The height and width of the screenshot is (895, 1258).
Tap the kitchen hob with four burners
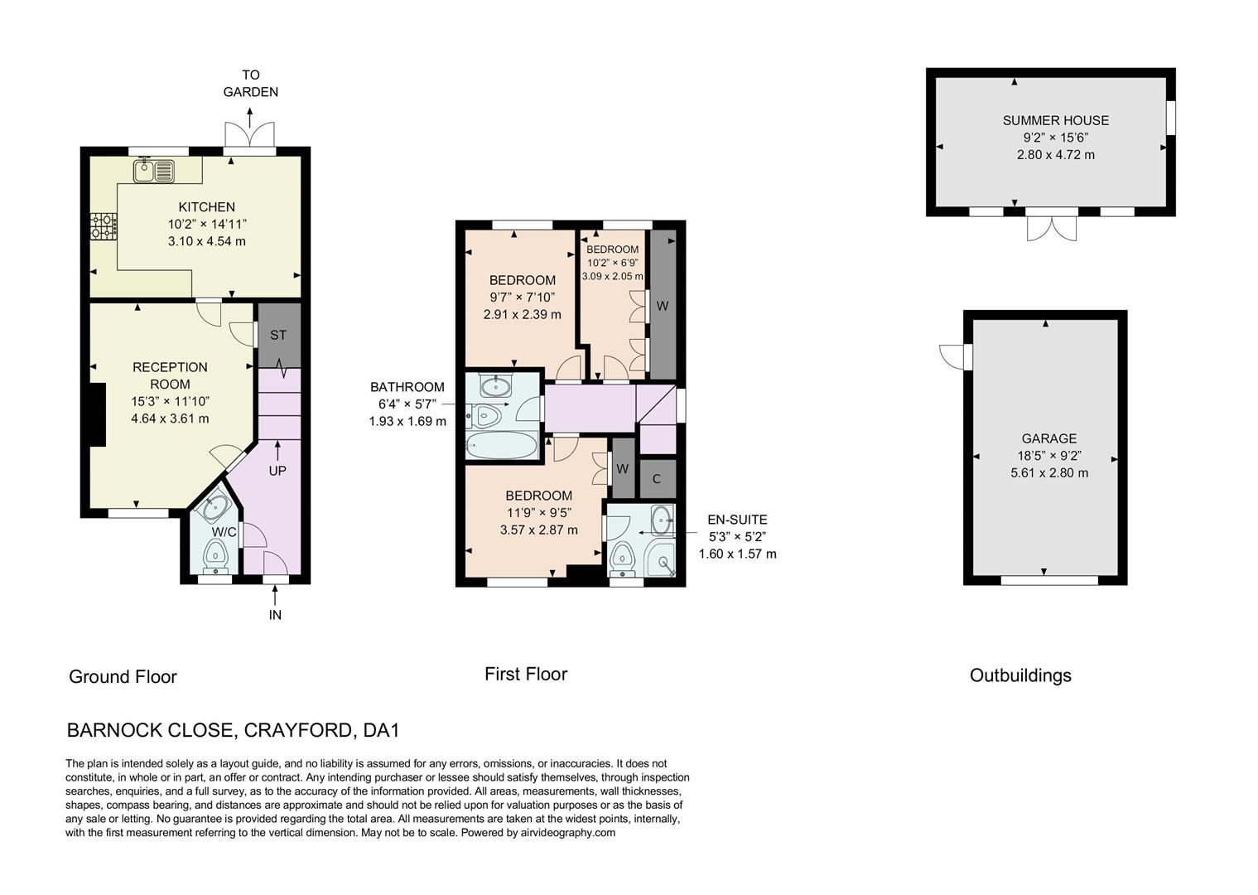pos(104,226)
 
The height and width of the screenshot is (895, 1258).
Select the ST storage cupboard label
pos(278,336)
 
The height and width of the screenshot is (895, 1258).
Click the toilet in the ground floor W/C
pos(217,554)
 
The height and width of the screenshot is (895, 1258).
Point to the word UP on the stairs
pos(277,471)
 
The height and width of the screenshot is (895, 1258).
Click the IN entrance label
pos(275,615)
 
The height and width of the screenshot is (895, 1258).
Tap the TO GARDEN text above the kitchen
pos(250,84)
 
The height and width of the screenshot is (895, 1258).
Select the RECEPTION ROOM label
pos(170,375)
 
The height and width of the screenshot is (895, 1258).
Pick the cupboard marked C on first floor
pos(657,479)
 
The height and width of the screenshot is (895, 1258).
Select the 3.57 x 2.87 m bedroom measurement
pos(538,530)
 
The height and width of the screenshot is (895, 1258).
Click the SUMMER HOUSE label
pos(1055,120)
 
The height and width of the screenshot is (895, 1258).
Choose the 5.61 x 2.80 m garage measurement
pos(1048,473)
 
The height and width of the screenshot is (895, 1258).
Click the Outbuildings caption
pos(1020,675)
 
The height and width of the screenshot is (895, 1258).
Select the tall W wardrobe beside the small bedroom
pos(663,305)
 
